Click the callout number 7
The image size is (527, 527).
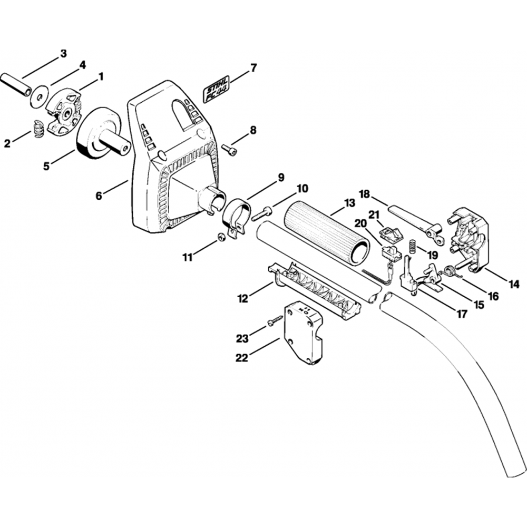coord(253,68)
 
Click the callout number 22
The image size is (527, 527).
coord(242,357)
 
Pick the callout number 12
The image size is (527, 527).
coord(242,299)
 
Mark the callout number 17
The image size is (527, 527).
coord(462,315)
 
